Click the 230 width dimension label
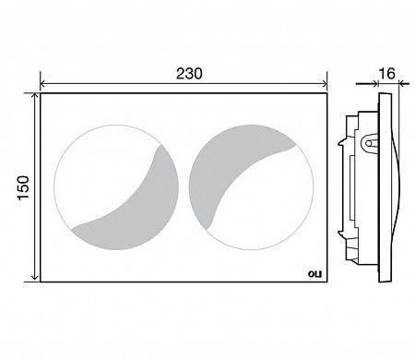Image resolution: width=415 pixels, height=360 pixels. tap(189, 74)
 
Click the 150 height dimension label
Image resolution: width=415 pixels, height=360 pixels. tap(24, 188)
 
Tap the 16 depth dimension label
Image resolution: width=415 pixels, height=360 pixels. tap(386, 74)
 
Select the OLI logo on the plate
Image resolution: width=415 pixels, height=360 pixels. tap(314, 273)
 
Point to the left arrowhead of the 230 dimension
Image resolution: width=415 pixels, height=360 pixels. tap(43, 83)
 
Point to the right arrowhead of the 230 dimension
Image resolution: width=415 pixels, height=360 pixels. tap(325, 83)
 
